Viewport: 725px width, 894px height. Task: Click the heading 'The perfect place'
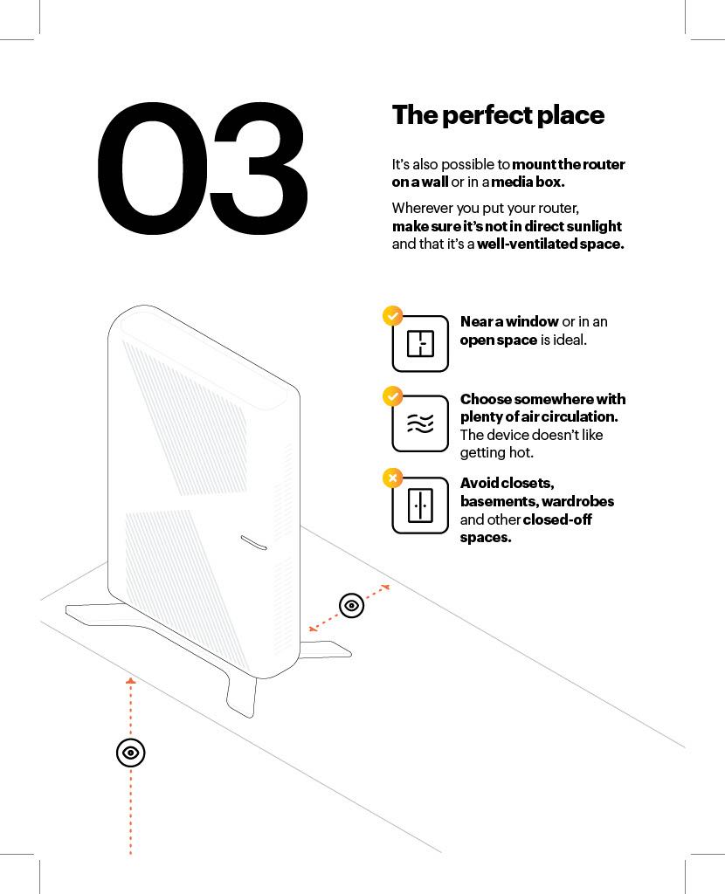click(498, 115)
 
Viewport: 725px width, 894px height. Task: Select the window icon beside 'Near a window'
click(420, 344)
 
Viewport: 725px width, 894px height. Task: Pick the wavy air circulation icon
click(420, 423)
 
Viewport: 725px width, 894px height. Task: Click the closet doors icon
click(420, 505)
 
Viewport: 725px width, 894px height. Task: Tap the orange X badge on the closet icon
click(392, 478)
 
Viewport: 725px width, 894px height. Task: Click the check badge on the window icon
click(392, 316)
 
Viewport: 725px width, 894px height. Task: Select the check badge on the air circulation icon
click(392, 396)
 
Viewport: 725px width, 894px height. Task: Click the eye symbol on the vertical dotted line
click(130, 753)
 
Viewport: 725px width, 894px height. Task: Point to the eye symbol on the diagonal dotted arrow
click(351, 605)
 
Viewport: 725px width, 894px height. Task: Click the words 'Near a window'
click(509, 321)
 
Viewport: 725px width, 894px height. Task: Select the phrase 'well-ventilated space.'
click(550, 244)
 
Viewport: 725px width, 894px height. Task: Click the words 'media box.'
click(528, 182)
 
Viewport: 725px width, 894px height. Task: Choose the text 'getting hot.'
click(496, 452)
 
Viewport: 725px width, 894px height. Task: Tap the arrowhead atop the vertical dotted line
click(130, 680)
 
